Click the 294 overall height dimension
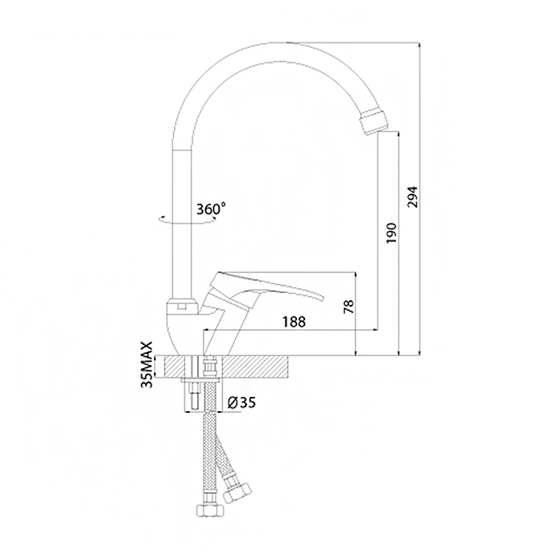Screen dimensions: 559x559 pos(413,196)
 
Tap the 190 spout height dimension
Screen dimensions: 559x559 pos(391,233)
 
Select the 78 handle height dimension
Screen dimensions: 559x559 pos(349,306)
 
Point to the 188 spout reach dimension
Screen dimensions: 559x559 pos(294,322)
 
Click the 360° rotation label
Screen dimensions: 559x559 pos(211,208)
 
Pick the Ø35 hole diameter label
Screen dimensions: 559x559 pos(241,402)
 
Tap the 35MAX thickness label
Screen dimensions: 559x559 pos(147,364)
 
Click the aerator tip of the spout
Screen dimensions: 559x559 pos(373,122)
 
